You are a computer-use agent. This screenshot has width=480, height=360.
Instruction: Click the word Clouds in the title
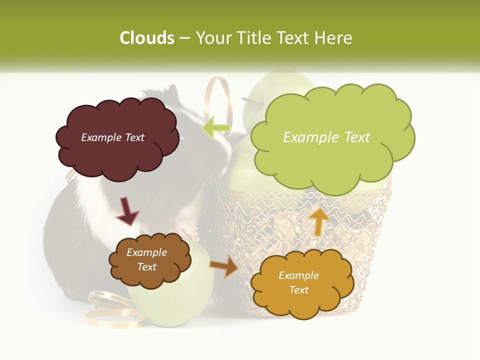(x=147, y=38)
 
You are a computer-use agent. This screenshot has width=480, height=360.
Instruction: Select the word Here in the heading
(x=333, y=38)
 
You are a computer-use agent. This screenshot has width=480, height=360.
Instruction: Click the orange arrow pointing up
(x=318, y=221)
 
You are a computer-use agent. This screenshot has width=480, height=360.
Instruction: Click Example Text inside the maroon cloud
(x=112, y=137)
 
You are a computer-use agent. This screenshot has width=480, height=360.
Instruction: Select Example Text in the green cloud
(x=326, y=137)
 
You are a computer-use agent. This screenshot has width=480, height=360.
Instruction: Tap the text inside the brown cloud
(x=146, y=259)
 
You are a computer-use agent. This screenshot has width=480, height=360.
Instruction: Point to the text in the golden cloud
(x=298, y=282)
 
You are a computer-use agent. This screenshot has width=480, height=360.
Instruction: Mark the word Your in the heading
(x=213, y=38)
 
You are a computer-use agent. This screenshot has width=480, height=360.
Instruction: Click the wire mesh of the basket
(x=370, y=220)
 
